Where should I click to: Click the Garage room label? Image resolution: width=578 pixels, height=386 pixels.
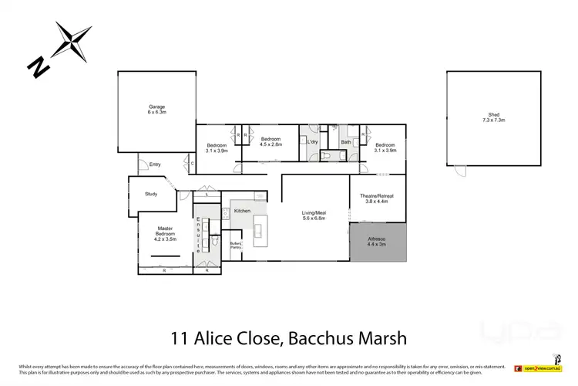tap(157, 107)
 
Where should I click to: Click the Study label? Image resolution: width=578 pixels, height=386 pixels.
tap(150, 194)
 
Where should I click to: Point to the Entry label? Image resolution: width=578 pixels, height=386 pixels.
tap(155, 164)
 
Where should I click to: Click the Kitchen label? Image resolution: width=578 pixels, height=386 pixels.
tap(243, 210)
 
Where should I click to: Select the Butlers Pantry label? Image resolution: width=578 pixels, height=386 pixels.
tap(236, 245)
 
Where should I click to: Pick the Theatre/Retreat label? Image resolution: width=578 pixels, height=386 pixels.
tap(378, 196)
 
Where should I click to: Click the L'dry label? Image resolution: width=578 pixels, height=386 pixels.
tap(312, 144)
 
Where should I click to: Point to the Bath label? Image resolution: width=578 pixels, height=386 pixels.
tap(347, 142)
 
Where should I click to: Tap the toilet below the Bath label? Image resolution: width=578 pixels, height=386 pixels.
tap(330, 155)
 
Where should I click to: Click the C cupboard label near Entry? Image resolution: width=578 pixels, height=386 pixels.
tap(192, 164)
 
